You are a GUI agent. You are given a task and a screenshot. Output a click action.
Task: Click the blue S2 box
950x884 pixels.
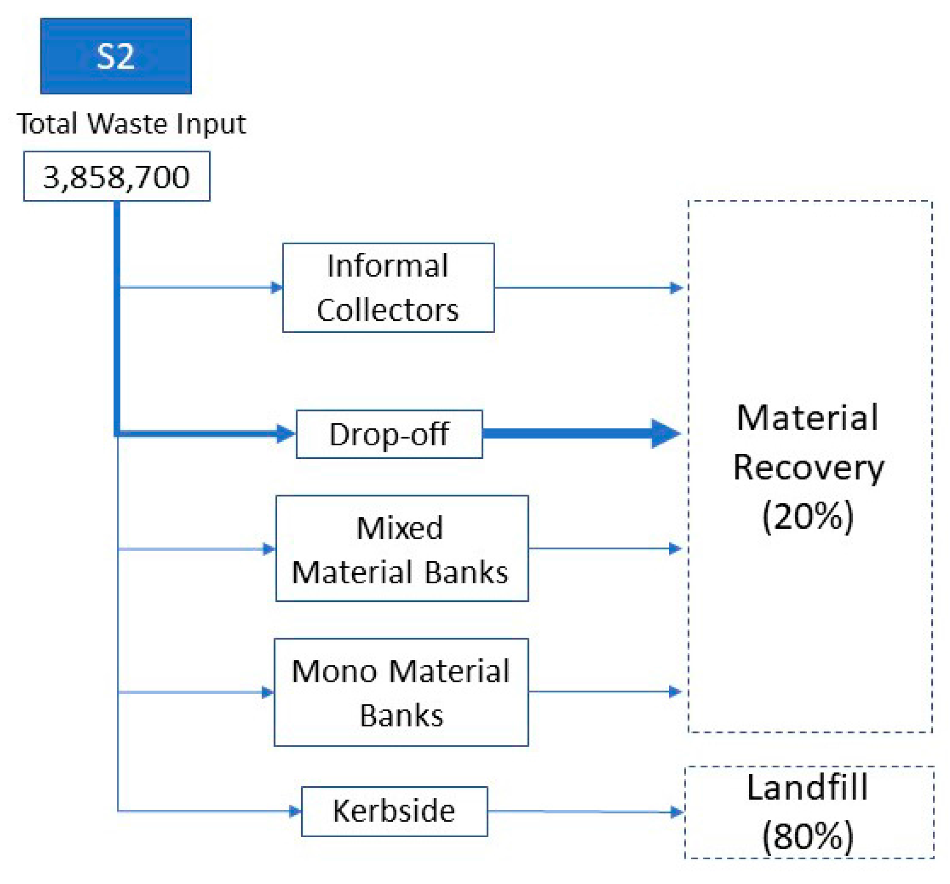coord(116,56)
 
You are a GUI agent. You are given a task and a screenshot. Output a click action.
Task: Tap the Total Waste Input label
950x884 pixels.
coord(131,123)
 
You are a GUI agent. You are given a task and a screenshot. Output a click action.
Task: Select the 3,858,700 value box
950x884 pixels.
coord(116,176)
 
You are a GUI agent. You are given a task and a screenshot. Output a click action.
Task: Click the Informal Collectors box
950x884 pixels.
coord(388,288)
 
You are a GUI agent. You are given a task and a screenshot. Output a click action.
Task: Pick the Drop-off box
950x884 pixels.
coord(389,434)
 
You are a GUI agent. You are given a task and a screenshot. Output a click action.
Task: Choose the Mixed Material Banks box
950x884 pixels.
coord(401,549)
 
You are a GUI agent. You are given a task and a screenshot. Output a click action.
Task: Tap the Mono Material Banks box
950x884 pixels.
coord(401,692)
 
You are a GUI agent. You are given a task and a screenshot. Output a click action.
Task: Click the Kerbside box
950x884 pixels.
coord(394,811)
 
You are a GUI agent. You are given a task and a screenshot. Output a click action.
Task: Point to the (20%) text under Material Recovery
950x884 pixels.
coord(808,516)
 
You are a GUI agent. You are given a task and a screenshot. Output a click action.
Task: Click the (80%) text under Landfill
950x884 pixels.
coord(808,836)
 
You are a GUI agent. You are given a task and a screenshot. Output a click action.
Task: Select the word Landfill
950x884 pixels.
coord(808,787)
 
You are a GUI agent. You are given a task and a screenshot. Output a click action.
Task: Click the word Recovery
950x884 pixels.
coord(808,467)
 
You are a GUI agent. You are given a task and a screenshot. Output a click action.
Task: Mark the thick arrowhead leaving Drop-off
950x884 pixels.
coord(665,433)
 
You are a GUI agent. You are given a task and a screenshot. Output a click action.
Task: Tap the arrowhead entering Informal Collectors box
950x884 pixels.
coord(277,288)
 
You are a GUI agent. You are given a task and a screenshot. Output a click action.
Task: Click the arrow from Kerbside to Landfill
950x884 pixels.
coord(584,811)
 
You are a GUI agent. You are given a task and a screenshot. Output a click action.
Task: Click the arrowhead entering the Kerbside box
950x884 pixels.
coord(295,811)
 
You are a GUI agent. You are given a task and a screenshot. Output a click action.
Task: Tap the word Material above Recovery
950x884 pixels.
coord(808,418)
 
